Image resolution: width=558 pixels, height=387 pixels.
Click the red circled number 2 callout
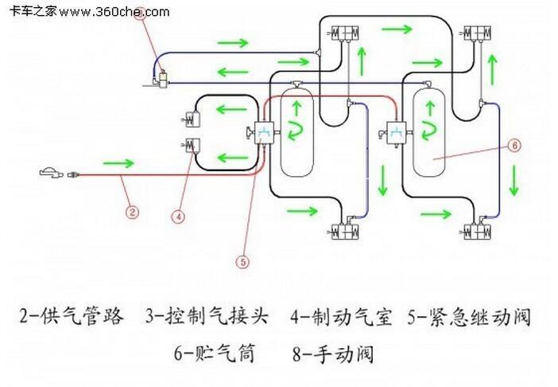(132, 212)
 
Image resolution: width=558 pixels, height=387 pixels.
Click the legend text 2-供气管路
(72, 316)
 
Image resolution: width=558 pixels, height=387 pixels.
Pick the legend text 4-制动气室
(341, 316)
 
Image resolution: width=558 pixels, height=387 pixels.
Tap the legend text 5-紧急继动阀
(469, 316)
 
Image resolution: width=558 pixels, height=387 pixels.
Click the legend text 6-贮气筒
(213, 353)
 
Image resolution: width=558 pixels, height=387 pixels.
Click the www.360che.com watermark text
(114, 12)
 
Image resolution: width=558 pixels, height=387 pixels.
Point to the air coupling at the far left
(49, 171)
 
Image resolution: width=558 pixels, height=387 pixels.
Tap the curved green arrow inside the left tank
(296, 128)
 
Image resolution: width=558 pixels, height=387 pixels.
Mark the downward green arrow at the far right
(514, 180)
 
